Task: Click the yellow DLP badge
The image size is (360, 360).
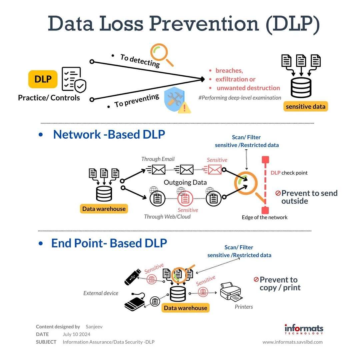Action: tap(43, 79)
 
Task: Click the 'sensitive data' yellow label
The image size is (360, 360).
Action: tap(306, 107)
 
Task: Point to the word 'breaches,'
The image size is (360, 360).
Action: tap(229, 70)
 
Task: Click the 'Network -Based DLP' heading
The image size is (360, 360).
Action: tap(109, 134)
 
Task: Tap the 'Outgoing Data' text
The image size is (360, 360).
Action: tap(185, 182)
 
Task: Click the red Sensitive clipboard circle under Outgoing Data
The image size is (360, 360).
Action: tap(185, 198)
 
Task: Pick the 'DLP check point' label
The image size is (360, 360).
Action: tap(289, 173)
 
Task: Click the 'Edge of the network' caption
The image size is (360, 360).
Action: tap(264, 217)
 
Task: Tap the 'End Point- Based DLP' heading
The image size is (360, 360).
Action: tap(109, 243)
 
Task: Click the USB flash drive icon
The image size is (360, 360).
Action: tap(133, 277)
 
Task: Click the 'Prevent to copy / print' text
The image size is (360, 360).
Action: tap(277, 284)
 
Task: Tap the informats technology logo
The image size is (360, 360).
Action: tap(304, 329)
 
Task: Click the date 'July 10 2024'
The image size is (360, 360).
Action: tap(76, 334)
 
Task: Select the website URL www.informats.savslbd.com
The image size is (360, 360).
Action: tap(293, 342)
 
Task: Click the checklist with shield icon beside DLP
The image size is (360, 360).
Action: tap(74, 80)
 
